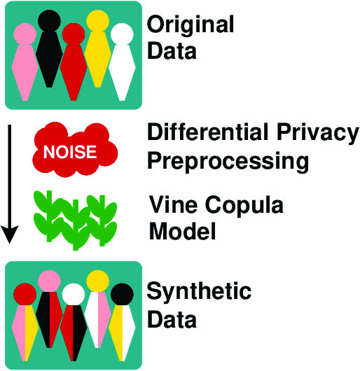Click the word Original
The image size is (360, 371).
click(190, 26)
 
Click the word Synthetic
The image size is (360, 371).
click(198, 292)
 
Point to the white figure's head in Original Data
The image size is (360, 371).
click(121, 36)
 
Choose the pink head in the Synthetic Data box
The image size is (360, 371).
click(49, 281)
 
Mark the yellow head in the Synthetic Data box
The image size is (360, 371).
click(97, 281)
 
